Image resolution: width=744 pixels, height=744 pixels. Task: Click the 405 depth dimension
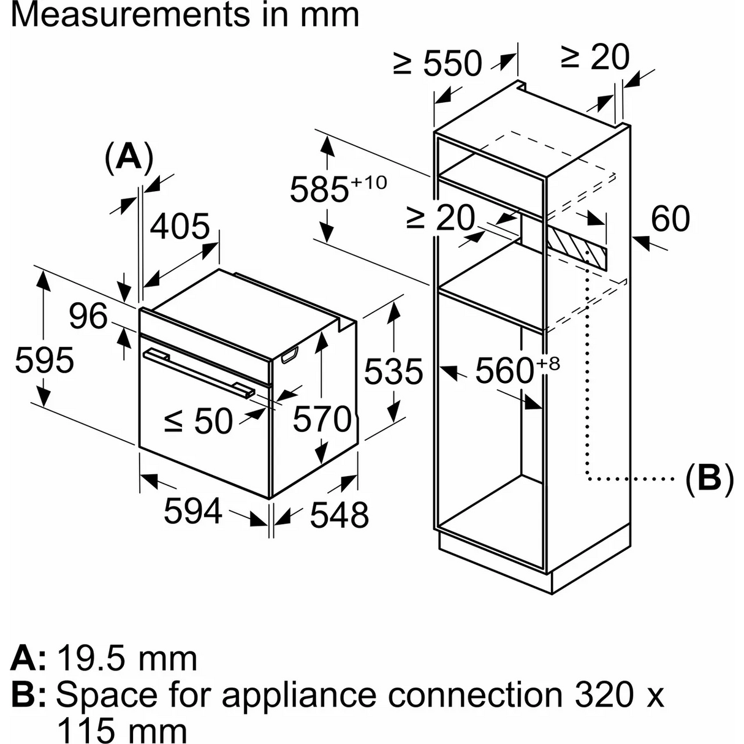pos(180,227)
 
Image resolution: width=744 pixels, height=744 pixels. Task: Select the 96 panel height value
pos(88,316)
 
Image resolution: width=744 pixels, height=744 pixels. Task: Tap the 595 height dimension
pos(44,360)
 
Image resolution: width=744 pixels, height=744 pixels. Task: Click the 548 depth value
pos(339,514)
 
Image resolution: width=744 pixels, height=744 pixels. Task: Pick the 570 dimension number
pos(321,419)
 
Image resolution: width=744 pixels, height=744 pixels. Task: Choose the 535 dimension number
pos(393,371)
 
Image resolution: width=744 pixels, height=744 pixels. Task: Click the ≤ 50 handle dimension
pos(199,420)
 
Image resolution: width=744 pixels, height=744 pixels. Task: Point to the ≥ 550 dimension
pos(438,63)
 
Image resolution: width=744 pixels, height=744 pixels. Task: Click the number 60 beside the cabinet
pos(670,218)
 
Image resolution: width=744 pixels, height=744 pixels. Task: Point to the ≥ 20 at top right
pos(594,58)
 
